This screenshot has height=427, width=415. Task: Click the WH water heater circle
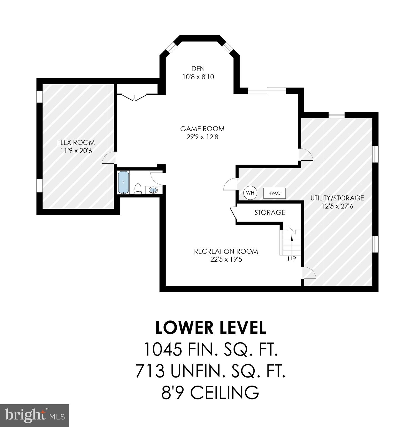coord(250,193)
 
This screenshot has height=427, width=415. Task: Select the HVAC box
coord(274,193)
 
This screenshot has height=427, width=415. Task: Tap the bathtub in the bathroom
coord(123,182)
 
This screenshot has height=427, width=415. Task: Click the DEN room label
coord(198,69)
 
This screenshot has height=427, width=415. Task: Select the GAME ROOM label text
coord(202,129)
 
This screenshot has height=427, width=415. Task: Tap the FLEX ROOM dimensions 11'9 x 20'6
coord(76,151)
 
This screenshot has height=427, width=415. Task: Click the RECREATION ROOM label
coord(226,251)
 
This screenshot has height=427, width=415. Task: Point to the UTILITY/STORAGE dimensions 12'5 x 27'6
coord(337,206)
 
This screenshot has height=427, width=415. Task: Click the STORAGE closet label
coord(270,213)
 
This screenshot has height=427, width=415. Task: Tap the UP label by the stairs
coord(292,259)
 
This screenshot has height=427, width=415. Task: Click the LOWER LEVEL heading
coord(211,328)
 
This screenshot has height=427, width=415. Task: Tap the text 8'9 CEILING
coord(210,392)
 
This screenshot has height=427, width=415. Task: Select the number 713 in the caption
coord(150,371)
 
